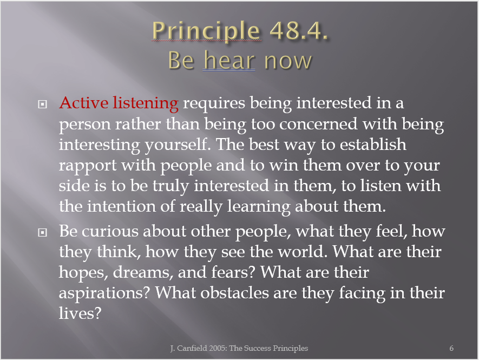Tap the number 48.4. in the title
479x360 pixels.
(x=298, y=30)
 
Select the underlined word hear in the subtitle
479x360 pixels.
(x=229, y=60)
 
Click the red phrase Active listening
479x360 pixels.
(x=119, y=103)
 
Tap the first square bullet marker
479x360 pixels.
(x=42, y=104)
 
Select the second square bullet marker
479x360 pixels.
(x=42, y=233)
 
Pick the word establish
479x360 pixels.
(x=373, y=144)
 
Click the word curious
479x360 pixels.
(x=110, y=231)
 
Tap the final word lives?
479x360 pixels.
(x=80, y=313)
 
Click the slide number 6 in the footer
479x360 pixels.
(x=451, y=348)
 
